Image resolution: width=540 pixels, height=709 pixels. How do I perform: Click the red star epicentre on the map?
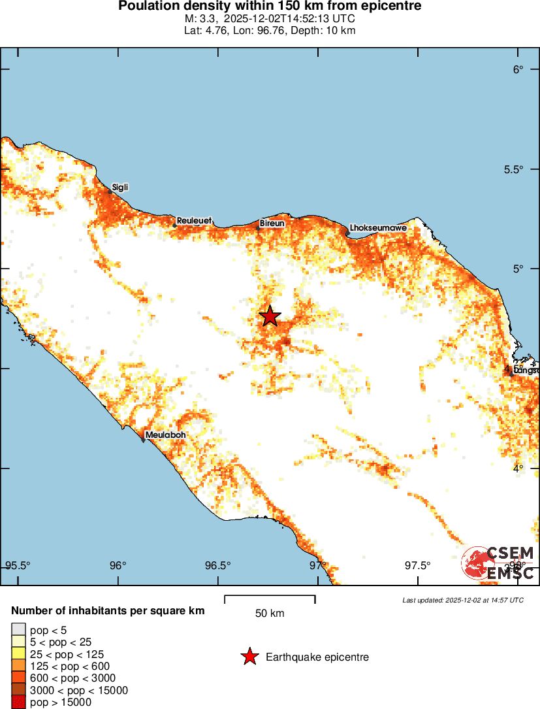(270, 316)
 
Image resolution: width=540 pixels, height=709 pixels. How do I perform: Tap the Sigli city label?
(120, 188)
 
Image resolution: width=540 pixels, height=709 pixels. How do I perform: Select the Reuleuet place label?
(194, 221)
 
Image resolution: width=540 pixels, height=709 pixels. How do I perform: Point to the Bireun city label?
(272, 223)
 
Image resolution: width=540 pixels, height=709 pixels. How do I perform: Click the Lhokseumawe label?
(379, 228)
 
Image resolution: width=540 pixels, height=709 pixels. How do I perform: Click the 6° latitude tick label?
(518, 70)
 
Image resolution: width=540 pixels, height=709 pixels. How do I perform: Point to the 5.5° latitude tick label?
(514, 169)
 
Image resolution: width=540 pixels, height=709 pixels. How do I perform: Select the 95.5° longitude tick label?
(18, 565)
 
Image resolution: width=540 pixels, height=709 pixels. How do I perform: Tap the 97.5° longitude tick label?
(417, 565)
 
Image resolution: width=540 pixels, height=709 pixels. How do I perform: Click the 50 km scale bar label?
(270, 614)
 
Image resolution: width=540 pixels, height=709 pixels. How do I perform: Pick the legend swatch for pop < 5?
(18, 630)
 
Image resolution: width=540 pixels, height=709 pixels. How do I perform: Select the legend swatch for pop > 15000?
(18, 702)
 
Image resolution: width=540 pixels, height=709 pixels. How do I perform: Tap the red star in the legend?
(249, 657)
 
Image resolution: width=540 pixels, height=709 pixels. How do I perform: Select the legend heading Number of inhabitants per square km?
(108, 611)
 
